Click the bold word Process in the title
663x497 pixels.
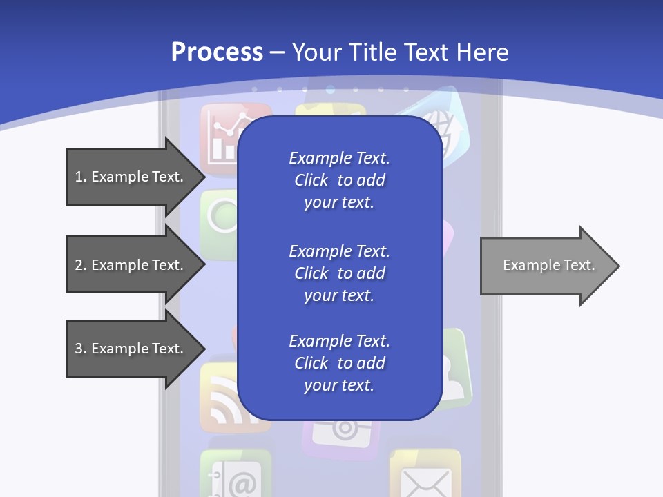[217, 52]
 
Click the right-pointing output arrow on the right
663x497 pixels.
[549, 266]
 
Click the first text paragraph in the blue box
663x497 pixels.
[339, 180]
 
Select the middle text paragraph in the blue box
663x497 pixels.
[339, 273]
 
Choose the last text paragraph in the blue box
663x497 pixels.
[339, 363]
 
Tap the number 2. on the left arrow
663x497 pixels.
[81, 265]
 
